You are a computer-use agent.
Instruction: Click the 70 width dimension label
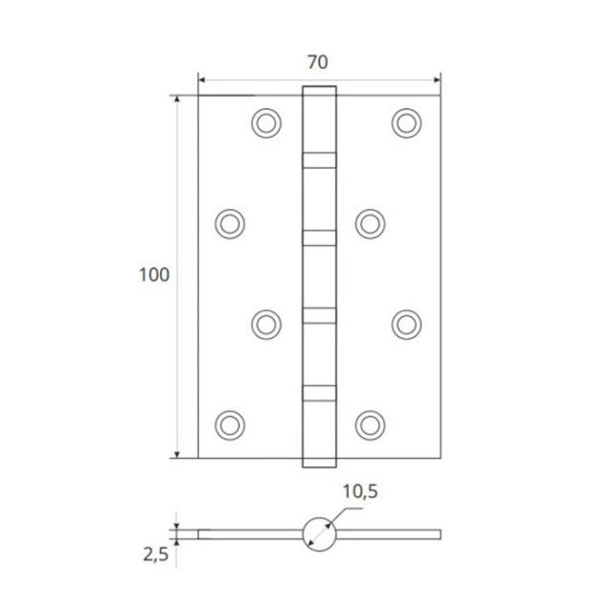point(319,62)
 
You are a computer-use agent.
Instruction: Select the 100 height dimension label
point(153,275)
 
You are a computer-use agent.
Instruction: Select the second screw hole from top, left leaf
point(228,222)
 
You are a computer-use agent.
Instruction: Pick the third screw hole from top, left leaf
point(267,322)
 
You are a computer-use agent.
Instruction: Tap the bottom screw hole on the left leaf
point(228,422)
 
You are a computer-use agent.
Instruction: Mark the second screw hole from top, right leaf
point(369,222)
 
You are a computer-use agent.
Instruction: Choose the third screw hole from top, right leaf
point(406,322)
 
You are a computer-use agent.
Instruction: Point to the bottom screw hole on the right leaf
point(369,422)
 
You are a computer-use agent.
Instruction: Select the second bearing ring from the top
point(320,235)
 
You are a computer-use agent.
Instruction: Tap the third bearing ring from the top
point(320,312)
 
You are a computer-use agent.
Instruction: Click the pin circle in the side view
point(319,534)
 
